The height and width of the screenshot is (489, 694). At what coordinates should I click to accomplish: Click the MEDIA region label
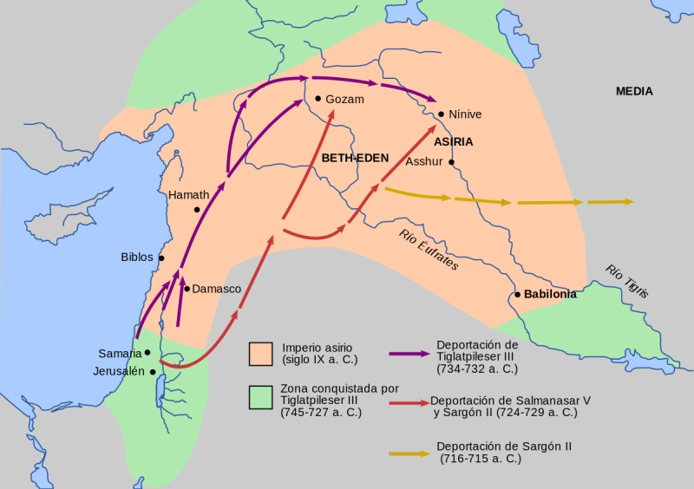pyautogui.click(x=634, y=92)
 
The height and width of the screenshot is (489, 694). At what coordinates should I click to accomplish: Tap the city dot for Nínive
pyautogui.click(x=442, y=114)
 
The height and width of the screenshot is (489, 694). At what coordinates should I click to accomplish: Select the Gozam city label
pyautogui.click(x=344, y=100)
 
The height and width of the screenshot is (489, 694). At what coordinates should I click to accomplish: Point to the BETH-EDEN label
pyautogui.click(x=355, y=158)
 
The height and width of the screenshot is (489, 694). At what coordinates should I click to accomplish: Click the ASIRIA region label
pyautogui.click(x=454, y=141)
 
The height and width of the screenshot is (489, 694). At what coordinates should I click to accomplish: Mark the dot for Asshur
pyautogui.click(x=452, y=161)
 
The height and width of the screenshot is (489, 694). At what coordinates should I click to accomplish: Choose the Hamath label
pyautogui.click(x=189, y=195)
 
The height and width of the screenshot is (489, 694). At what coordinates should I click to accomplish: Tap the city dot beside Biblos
pyautogui.click(x=161, y=258)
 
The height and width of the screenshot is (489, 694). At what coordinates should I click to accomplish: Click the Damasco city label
pyautogui.click(x=217, y=289)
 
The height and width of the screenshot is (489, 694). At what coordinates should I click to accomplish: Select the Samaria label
pyautogui.click(x=120, y=354)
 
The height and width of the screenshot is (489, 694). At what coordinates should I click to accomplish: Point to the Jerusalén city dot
pyautogui.click(x=153, y=372)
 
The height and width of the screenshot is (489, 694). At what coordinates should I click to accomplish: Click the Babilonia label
pyautogui.click(x=550, y=295)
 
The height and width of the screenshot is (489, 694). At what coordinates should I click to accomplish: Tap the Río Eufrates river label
pyautogui.click(x=429, y=250)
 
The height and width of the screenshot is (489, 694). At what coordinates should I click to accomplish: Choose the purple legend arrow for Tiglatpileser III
pyautogui.click(x=409, y=354)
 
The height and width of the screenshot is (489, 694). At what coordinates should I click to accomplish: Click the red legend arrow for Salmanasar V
pyautogui.click(x=409, y=403)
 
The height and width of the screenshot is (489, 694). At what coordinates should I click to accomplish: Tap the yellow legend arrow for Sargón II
pyautogui.click(x=409, y=452)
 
